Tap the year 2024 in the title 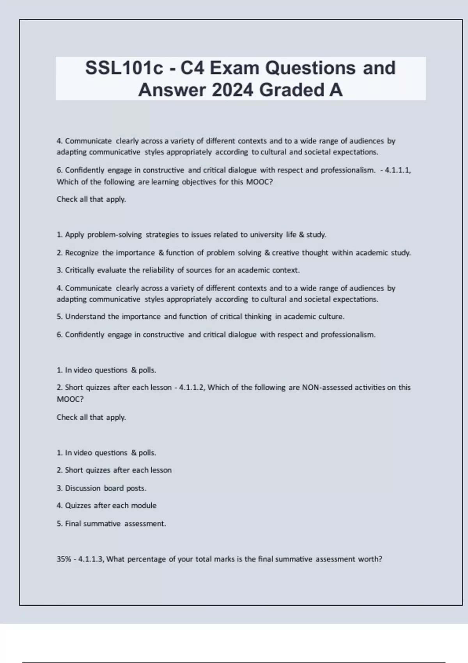[x=233, y=90]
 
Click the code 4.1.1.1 [x=398, y=170]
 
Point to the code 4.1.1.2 [x=192, y=388]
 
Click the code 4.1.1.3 [x=91, y=559]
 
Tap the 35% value [x=64, y=559]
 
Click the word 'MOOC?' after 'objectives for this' [x=259, y=182]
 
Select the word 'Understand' [x=85, y=317]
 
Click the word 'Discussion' [x=83, y=488]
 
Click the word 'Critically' [x=80, y=270]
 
